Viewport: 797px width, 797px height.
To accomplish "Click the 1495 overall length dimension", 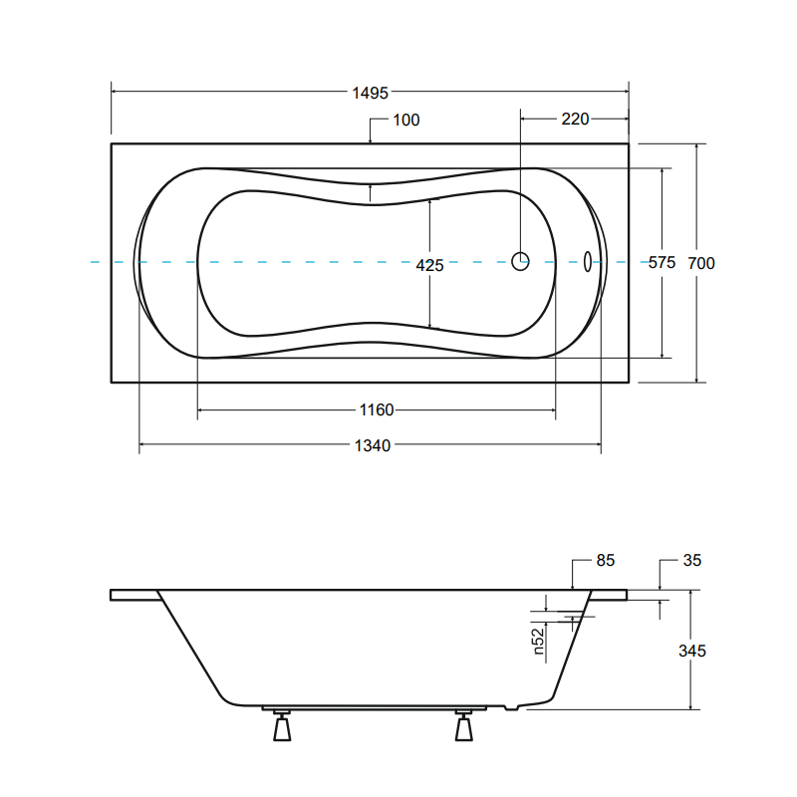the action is click(x=370, y=93).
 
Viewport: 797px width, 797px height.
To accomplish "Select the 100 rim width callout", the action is click(x=406, y=120).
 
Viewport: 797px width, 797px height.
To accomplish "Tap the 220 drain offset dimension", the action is click(x=575, y=119).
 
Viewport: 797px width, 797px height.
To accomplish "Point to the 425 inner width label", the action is click(x=429, y=265).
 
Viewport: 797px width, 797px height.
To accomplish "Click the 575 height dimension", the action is click(x=662, y=262).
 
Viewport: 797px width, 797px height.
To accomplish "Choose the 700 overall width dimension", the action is click(x=701, y=263).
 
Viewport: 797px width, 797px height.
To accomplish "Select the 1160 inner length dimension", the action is click(x=377, y=409).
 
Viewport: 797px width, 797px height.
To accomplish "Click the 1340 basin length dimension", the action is click(x=372, y=445).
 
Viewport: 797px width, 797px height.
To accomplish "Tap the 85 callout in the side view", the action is click(x=606, y=560).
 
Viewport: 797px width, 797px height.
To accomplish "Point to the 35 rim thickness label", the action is click(x=691, y=560).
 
